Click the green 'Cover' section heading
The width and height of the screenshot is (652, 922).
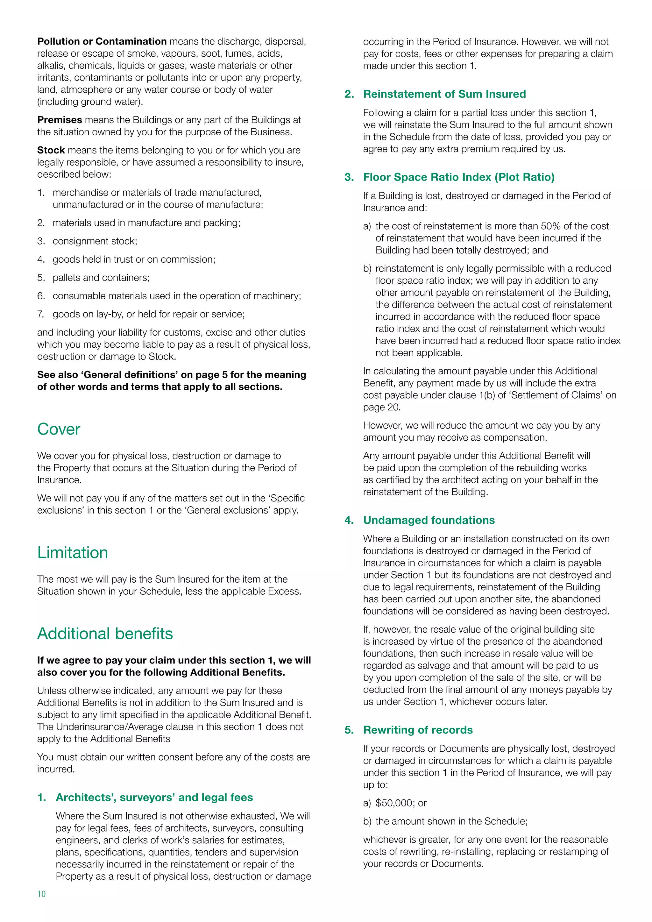click(x=59, y=429)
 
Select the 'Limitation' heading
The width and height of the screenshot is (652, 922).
click(x=73, y=553)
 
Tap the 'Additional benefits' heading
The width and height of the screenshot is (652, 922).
click(x=105, y=634)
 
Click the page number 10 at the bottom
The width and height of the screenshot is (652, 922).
click(x=41, y=893)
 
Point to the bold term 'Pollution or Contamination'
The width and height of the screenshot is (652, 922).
click(x=102, y=41)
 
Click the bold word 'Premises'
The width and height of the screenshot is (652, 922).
click(x=60, y=120)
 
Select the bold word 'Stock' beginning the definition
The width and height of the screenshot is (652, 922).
click(x=51, y=150)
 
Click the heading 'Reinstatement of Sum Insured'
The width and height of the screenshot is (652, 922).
click(x=444, y=94)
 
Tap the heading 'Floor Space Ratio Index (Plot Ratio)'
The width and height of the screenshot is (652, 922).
click(x=458, y=177)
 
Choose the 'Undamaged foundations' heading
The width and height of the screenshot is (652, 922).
click(x=429, y=520)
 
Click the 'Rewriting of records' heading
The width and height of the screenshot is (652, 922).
click(x=418, y=730)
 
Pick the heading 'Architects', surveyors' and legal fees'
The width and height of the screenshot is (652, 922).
click(x=154, y=797)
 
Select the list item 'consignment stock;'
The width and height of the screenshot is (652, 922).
click(x=95, y=241)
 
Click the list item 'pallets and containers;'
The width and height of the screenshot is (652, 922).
click(x=101, y=278)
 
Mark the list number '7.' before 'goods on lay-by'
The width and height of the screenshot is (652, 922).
click(x=41, y=314)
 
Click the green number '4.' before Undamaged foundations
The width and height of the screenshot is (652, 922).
click(x=349, y=520)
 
